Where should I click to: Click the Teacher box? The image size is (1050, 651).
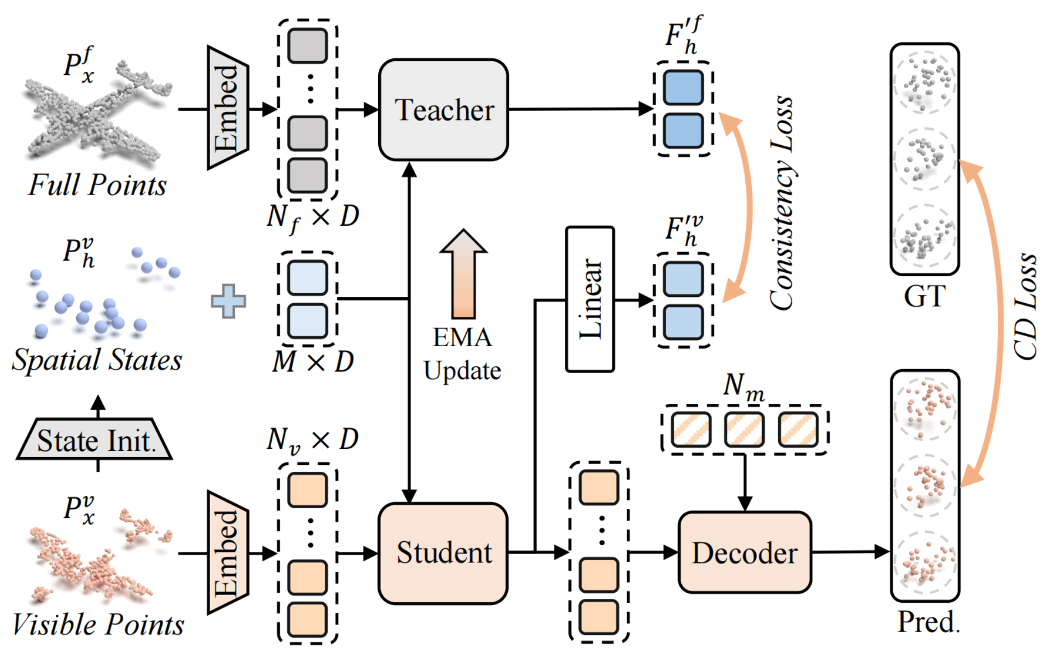point(443,110)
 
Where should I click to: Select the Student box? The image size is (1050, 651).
point(443,553)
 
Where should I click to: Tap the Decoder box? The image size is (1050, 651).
point(745,553)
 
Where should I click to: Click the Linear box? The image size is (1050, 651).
point(590,299)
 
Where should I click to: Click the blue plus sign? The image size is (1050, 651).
point(228,301)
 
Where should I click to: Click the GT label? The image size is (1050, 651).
point(924,296)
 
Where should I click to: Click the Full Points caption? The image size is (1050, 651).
point(97,185)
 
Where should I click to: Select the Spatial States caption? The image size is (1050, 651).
point(97,360)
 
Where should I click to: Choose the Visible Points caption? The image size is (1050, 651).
point(98,625)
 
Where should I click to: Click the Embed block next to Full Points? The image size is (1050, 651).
point(227,108)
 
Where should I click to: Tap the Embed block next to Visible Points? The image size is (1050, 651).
point(227,552)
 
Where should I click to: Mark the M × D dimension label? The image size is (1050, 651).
point(313,362)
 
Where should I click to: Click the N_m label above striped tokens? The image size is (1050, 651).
point(744,387)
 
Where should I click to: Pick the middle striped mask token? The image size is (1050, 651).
point(744,430)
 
